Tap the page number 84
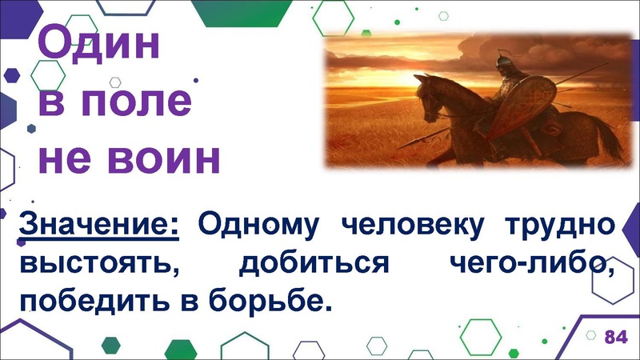tap(615, 336)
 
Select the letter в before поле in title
tap(50, 102)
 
